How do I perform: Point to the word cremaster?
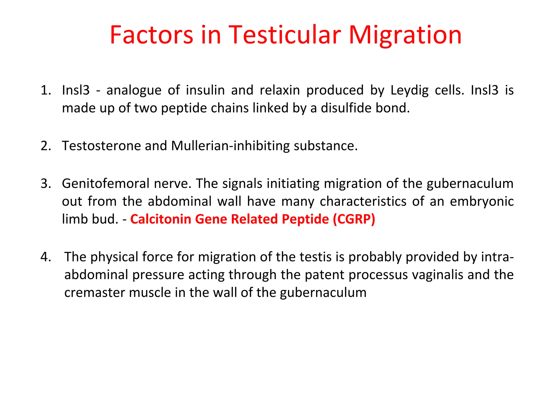pyautogui.click(x=94, y=293)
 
